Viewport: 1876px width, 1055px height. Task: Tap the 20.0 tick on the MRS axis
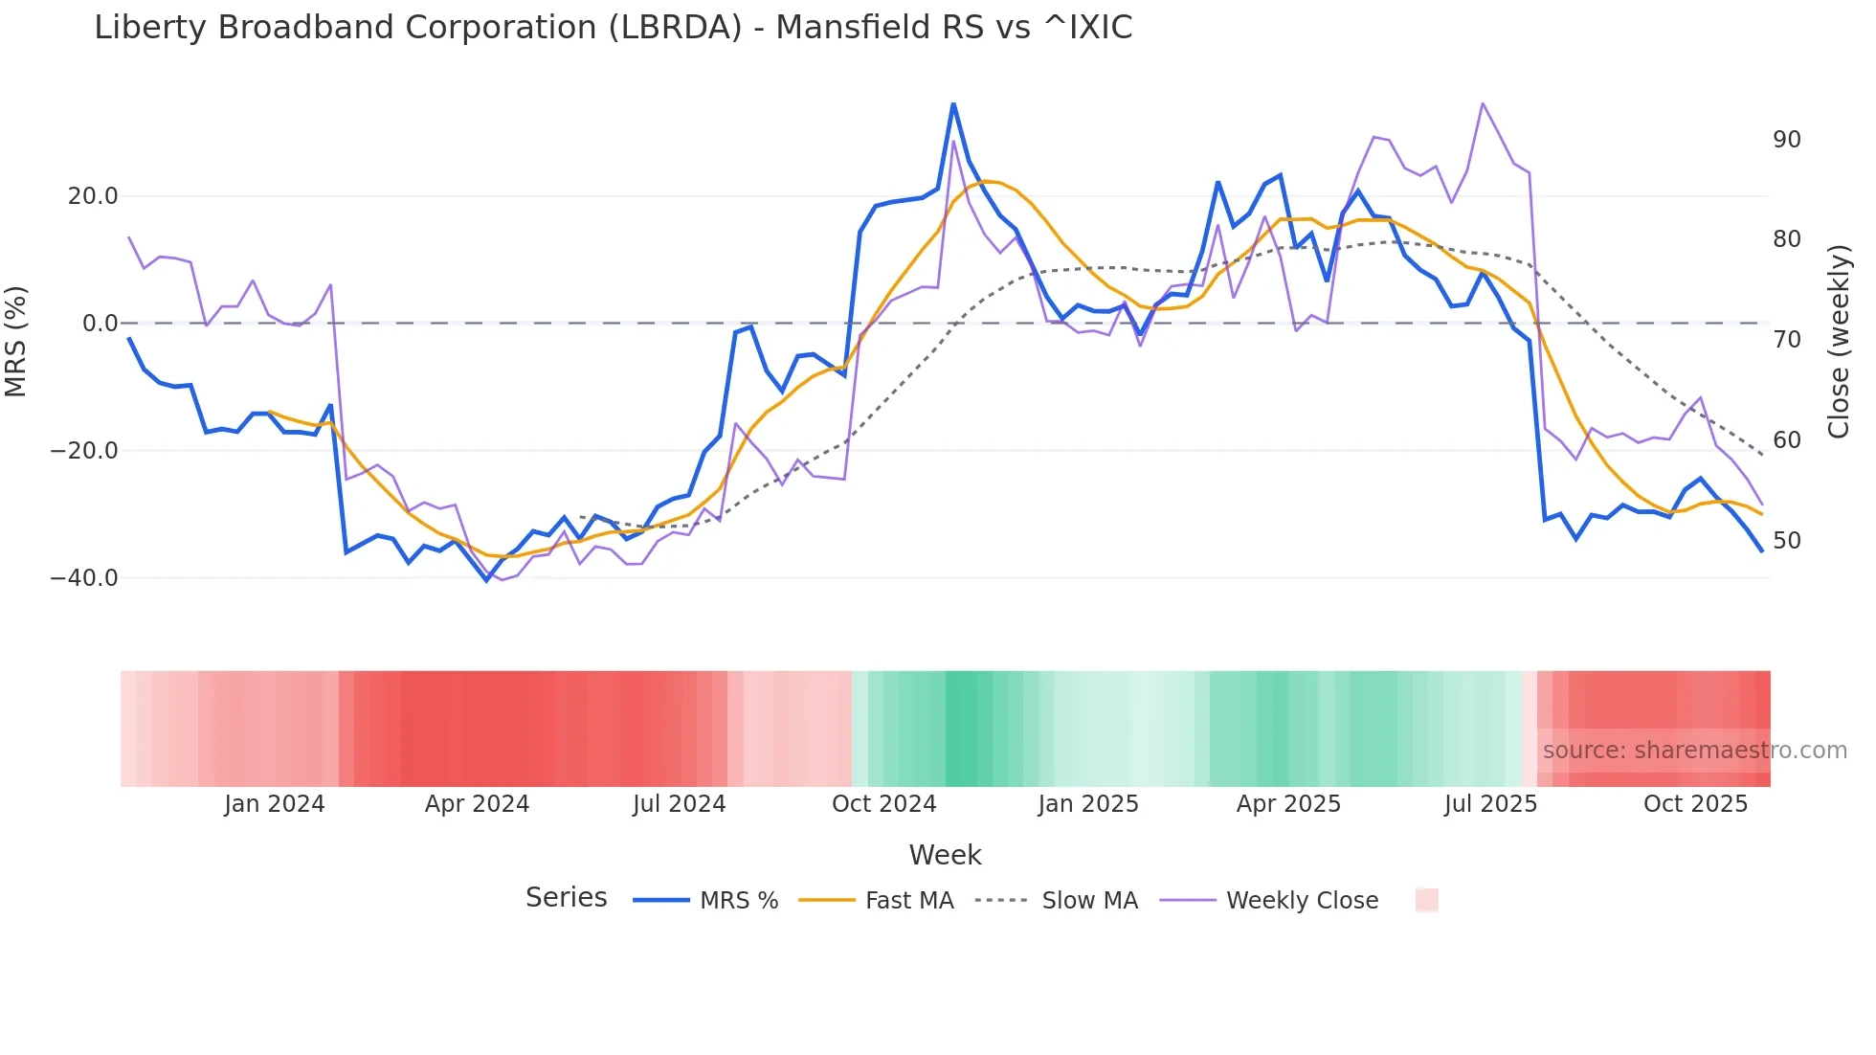(92, 196)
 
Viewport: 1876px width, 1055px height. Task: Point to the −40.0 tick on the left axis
(84, 578)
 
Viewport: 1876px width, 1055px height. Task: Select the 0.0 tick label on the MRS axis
(100, 324)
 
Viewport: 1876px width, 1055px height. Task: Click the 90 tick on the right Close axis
(1786, 140)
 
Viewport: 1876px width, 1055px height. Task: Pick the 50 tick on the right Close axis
(1786, 541)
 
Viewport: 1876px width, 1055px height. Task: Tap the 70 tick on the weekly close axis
(1786, 340)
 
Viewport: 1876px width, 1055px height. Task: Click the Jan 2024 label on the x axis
(275, 804)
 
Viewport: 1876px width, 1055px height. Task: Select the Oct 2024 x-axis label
(883, 804)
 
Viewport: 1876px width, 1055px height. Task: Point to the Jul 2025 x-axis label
(1490, 804)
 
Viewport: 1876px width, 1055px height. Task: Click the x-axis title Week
(945, 855)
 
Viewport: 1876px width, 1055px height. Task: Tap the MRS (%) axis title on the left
(16, 341)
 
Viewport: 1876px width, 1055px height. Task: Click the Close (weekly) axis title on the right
(1838, 341)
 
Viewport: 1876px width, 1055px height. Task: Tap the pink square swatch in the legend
(1426, 900)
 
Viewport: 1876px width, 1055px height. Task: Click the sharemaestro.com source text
(1694, 751)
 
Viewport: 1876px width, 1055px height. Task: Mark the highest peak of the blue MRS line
(953, 103)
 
